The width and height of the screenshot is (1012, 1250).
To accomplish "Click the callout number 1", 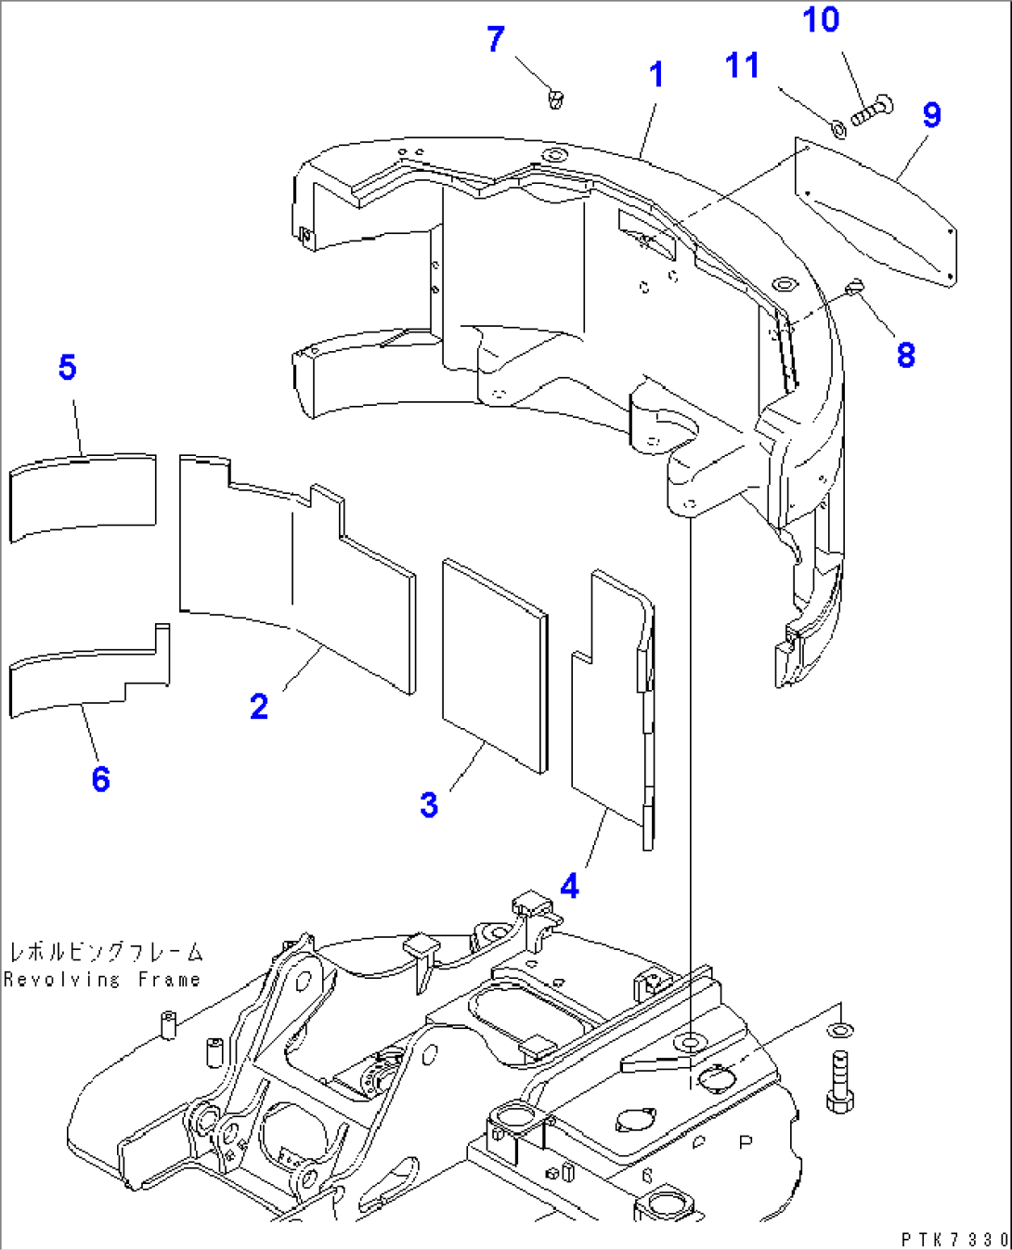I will [x=656, y=74].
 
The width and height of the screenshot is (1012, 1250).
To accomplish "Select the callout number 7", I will [x=496, y=39].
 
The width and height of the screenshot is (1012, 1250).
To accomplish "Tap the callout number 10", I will [x=821, y=20].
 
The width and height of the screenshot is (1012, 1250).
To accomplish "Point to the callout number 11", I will [x=742, y=66].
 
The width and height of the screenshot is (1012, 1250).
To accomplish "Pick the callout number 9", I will [x=931, y=115].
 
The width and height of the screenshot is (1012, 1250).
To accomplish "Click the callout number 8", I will [x=905, y=354].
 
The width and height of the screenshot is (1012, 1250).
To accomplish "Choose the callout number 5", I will [x=67, y=367].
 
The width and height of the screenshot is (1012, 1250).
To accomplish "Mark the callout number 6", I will [x=100, y=778].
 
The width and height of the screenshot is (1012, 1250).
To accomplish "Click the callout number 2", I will [x=259, y=707].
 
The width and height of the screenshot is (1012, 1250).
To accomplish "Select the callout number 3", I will [x=428, y=804].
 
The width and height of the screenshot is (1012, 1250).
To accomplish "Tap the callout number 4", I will [x=569, y=886].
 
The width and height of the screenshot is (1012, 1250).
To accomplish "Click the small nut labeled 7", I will [x=556, y=98].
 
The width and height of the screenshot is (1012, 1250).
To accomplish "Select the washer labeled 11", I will [x=836, y=125].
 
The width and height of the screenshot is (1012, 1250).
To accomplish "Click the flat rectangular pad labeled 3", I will [x=494, y=664].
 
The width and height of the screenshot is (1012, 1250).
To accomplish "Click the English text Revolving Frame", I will [x=101, y=980].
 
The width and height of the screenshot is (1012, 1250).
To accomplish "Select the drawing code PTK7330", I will [x=954, y=1240].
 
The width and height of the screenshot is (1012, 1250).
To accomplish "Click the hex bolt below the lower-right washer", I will [x=839, y=1081].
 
